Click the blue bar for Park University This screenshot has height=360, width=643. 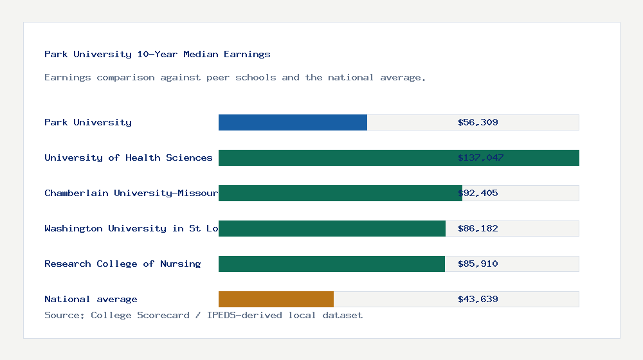coord(293,122)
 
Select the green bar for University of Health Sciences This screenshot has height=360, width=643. coord(399,157)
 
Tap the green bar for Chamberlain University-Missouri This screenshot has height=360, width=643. coord(340,193)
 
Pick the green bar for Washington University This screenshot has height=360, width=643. coord(332,228)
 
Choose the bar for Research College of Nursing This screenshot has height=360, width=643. coord(331,264)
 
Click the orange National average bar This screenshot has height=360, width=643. coord(276,299)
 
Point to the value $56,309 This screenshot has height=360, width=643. coord(478,122)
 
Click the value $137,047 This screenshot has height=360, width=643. coord(480,157)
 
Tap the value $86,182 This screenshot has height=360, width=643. coord(478,228)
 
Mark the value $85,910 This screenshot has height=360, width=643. coord(478,264)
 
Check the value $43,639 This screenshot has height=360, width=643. coord(478,299)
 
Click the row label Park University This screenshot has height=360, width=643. coord(88,122)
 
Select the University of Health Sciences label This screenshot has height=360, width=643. coord(129,157)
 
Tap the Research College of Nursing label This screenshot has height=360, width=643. coord(122,264)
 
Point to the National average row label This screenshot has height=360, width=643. coord(91,299)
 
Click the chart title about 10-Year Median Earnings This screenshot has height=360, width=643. coord(158,54)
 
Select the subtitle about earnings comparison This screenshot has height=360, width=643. coord(235,77)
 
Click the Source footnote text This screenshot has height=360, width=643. coord(203,315)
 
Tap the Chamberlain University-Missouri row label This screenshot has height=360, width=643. coord(131,193)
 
